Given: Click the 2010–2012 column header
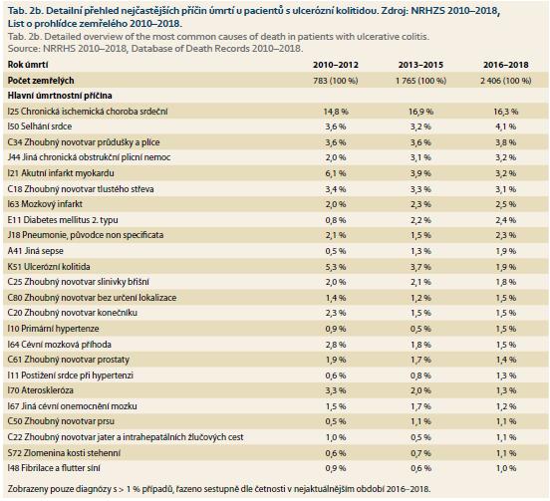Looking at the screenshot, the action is (336, 65).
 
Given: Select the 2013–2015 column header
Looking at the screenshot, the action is (420, 65).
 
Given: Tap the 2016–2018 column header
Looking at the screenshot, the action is (506, 65).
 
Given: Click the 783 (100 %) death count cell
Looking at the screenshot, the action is (336, 81).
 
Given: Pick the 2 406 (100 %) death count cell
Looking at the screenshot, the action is (506, 81).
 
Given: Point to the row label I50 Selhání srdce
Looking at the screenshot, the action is (40, 126).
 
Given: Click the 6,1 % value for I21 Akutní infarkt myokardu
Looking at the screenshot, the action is (336, 173).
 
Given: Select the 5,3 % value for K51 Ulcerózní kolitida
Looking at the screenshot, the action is (336, 267).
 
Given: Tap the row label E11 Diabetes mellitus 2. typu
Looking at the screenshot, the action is (63, 220).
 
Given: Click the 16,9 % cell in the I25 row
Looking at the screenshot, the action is (420, 112).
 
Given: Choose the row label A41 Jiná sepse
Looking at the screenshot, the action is (36, 251).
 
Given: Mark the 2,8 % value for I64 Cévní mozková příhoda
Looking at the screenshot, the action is (336, 345).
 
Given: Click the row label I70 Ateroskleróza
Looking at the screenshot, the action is (40, 390).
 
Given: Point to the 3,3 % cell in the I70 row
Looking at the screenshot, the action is (336, 390).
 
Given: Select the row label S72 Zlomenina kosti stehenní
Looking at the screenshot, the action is (64, 453).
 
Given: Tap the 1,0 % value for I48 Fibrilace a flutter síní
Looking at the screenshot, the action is (506, 469).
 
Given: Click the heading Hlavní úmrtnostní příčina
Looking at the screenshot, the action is (60, 96).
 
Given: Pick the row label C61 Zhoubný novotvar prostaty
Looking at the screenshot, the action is (69, 360).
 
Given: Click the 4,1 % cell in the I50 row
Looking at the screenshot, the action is (506, 126).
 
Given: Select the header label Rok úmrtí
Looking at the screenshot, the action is (28, 65).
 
